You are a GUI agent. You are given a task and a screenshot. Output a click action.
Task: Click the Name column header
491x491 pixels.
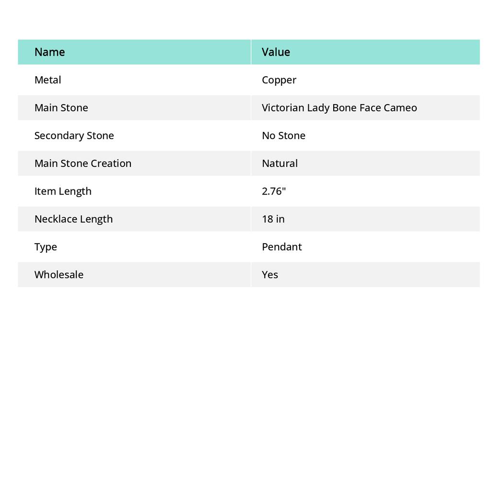point(49,52)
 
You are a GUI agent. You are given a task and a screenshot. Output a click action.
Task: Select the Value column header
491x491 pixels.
point(276,52)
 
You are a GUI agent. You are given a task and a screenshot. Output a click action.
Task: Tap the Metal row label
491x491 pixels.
point(47,80)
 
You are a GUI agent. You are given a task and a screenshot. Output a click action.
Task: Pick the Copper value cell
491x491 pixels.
point(279,80)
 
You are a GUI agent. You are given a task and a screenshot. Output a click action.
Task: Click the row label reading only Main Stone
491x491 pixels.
point(61,107)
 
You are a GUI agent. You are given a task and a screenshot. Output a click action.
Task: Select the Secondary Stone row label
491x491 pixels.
point(74,135)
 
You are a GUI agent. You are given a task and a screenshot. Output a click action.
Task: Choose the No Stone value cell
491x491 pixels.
point(283,135)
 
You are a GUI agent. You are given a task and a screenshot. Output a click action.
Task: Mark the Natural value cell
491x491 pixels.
point(280,163)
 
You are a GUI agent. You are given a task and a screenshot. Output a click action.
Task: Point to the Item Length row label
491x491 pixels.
point(63,191)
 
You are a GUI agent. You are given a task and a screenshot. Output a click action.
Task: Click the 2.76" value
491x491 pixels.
point(274,191)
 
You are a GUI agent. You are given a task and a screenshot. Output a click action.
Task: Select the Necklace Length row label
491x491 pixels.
point(73,219)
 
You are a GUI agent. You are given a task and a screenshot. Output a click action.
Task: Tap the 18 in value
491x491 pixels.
point(273,219)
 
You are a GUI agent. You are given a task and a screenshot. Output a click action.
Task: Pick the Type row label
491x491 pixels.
point(46,246)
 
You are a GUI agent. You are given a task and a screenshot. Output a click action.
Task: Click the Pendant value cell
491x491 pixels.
point(281,246)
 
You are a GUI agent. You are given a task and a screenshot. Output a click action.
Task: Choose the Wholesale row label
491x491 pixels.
point(58,274)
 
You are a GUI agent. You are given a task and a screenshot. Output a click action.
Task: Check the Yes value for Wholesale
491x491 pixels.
point(269,274)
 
